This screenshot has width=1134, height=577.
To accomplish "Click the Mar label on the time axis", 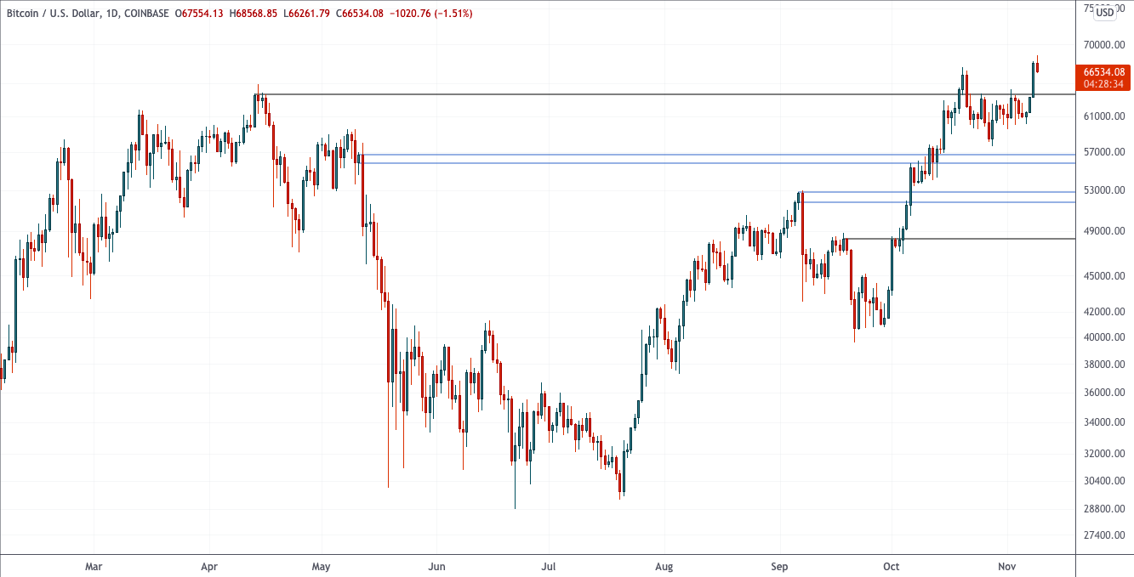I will point(94,566).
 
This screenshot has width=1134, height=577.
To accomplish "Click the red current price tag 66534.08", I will point(1103,72).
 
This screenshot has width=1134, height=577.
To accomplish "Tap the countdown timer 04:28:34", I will point(1103,84).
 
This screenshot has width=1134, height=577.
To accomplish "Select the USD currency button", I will point(1104,12).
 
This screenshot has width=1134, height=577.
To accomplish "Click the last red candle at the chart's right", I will point(1037,67).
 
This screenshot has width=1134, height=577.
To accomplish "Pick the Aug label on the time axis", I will point(664,566).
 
